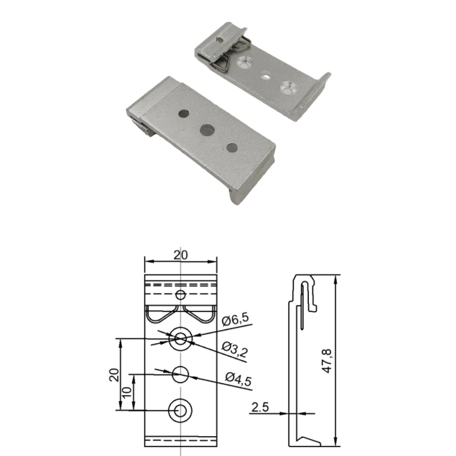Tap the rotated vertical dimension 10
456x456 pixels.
point(126,392)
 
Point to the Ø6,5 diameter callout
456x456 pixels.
point(235,321)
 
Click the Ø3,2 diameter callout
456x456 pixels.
point(234,347)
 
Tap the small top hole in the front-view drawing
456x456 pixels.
point(181,295)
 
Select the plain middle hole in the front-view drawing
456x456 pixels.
point(181,374)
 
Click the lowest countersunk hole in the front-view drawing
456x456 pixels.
point(181,409)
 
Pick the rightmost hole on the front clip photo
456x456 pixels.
point(231,148)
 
